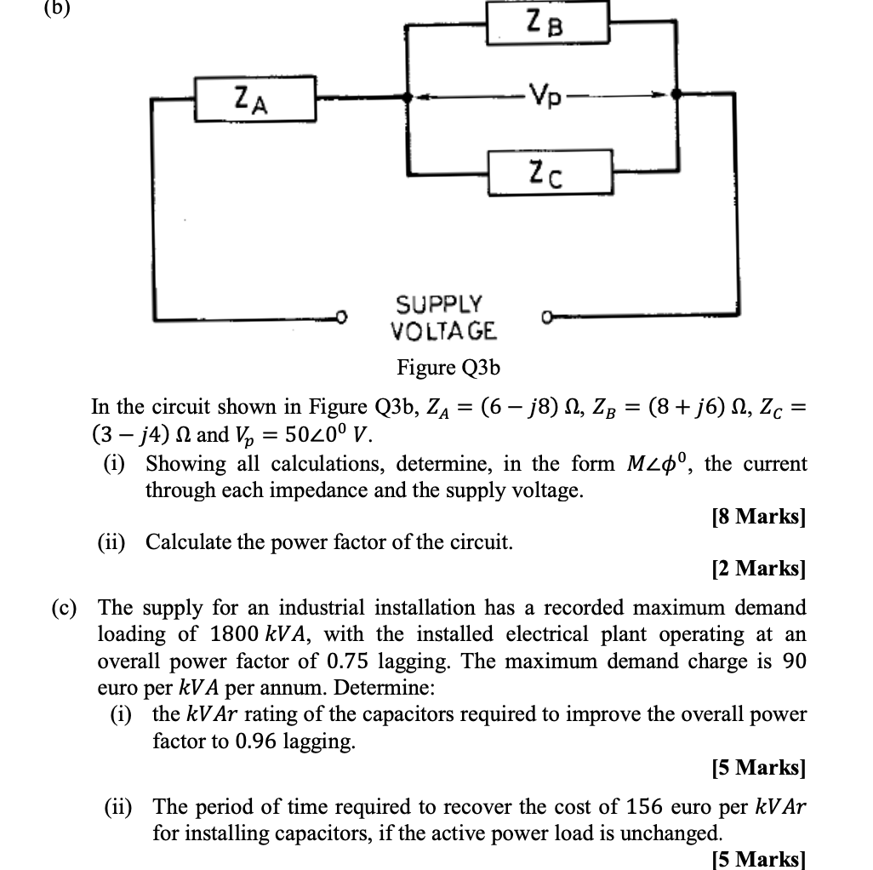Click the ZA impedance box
[256, 100]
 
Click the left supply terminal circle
[342, 318]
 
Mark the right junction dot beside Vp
[676, 96]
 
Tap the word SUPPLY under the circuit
[439, 304]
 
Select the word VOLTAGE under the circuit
[443, 330]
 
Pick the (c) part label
[63, 608]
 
